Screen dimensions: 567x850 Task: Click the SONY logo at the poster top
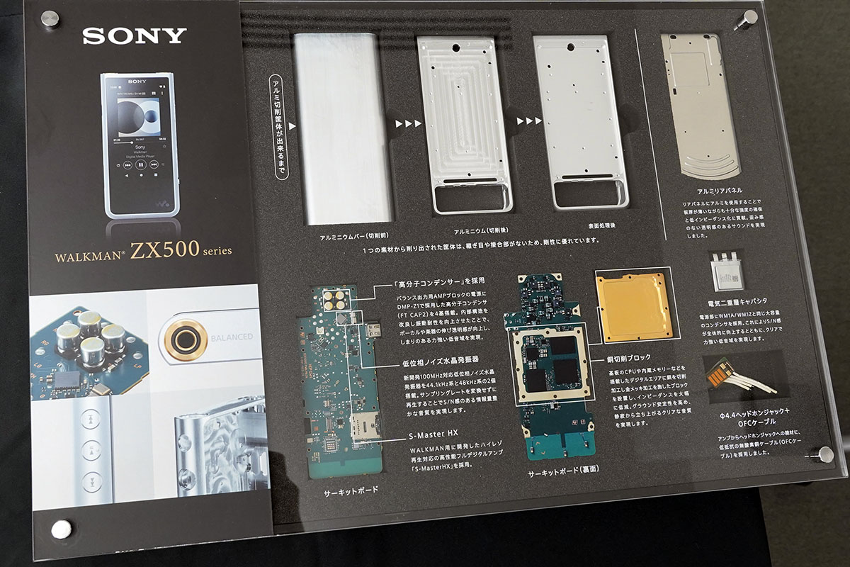tap(135, 35)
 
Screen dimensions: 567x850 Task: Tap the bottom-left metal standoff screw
tap(61, 528)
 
